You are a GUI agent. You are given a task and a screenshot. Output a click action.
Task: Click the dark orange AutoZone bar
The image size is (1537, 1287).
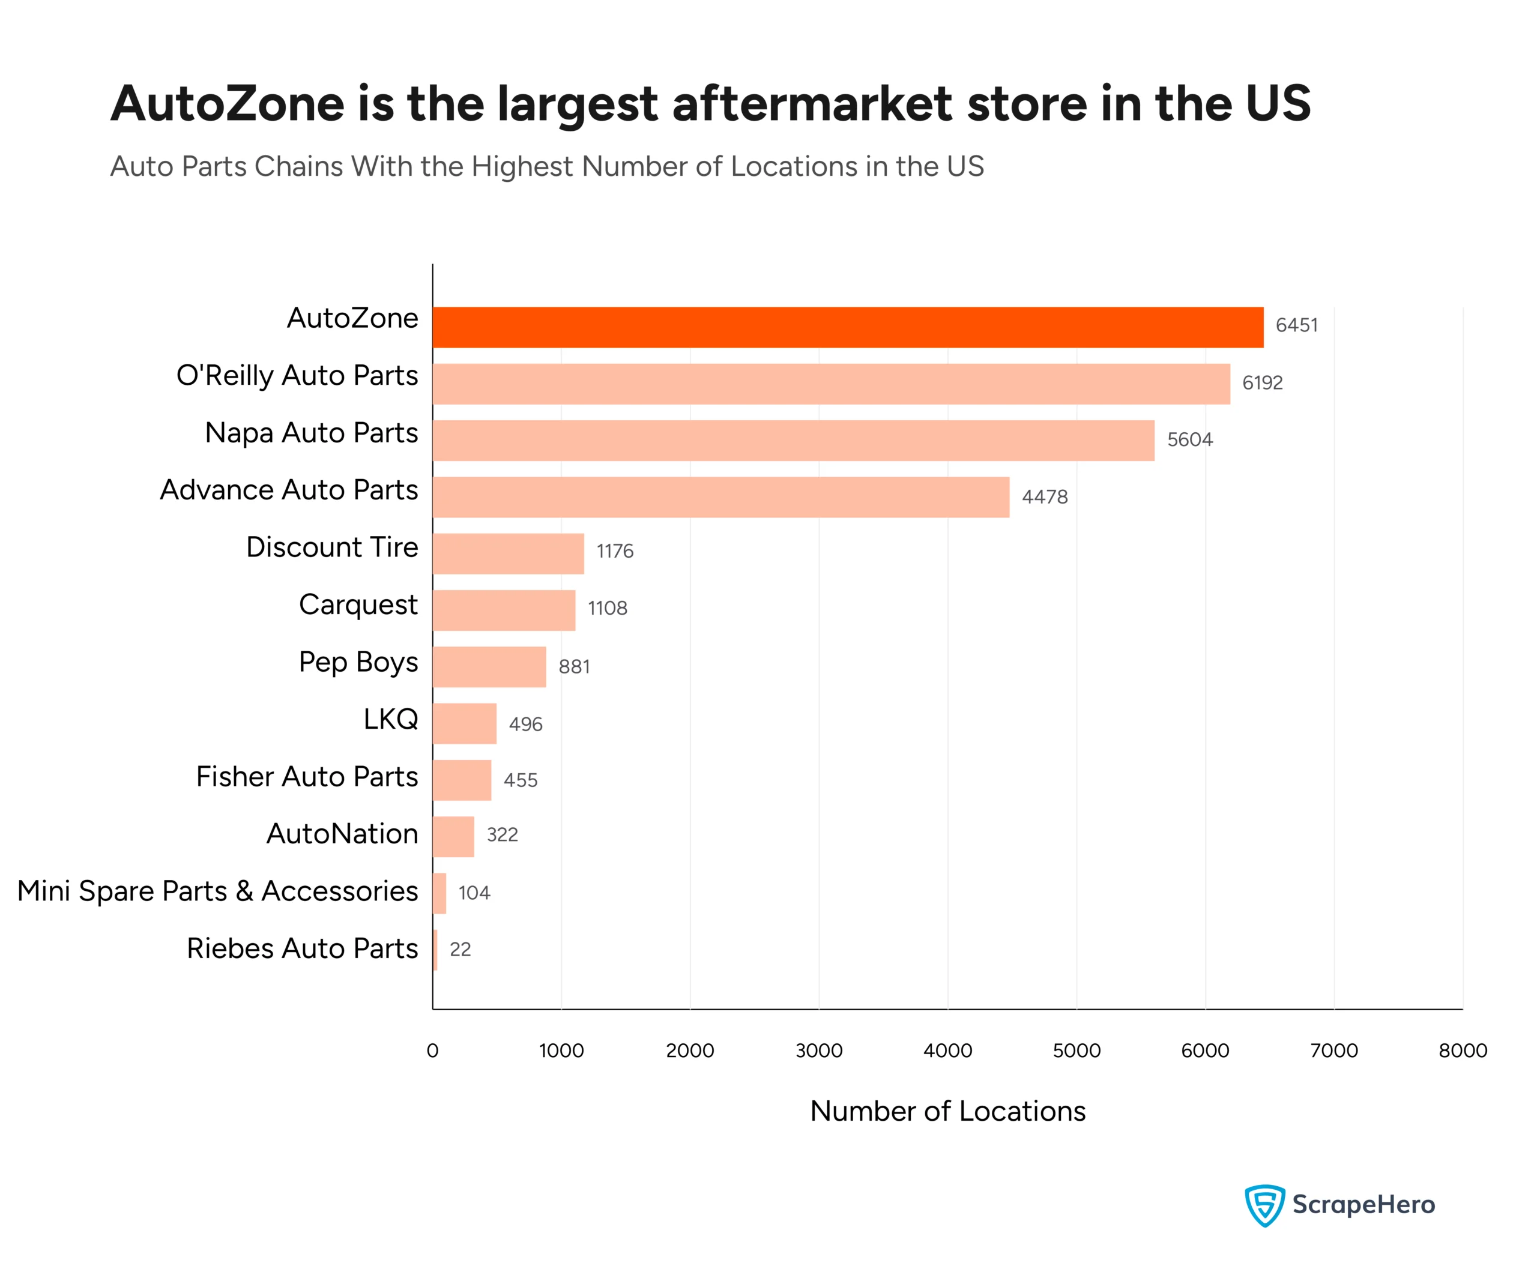pyautogui.click(x=848, y=327)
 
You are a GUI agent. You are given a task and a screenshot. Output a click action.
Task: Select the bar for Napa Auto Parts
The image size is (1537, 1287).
pyautogui.click(x=793, y=440)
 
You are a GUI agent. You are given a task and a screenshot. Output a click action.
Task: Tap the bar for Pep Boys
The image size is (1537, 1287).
pyautogui.click(x=489, y=666)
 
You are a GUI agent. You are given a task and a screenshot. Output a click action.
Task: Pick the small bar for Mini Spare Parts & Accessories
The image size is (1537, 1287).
pyautogui.click(x=439, y=893)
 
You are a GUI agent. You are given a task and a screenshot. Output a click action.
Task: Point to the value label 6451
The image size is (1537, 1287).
pyautogui.click(x=1296, y=325)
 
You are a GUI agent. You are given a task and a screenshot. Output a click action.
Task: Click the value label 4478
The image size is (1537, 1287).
pyautogui.click(x=1045, y=498)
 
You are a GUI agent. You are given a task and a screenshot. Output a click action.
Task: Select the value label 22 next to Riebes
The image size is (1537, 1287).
pyautogui.click(x=460, y=950)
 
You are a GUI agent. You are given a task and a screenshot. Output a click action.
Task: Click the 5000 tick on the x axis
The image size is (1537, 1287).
pyautogui.click(x=1076, y=1050)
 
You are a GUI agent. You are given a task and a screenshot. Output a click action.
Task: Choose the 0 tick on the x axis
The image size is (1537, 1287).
pyautogui.click(x=432, y=1050)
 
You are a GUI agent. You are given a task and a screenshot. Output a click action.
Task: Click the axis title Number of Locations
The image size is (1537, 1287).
pyautogui.click(x=947, y=1111)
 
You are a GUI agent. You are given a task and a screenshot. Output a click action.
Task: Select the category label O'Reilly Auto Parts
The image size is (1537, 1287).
pyautogui.click(x=297, y=375)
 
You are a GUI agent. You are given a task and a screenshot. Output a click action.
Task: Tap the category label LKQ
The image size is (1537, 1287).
pyautogui.click(x=391, y=719)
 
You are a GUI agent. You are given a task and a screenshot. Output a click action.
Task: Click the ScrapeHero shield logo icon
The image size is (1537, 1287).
pyautogui.click(x=1264, y=1205)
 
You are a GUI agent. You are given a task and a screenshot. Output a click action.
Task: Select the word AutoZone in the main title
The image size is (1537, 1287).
pyautogui.click(x=227, y=103)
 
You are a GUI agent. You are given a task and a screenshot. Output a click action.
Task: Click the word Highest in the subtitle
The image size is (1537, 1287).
pyautogui.click(x=522, y=167)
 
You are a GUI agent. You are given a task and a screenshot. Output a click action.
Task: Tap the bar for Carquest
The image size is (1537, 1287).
pyautogui.click(x=504, y=610)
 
